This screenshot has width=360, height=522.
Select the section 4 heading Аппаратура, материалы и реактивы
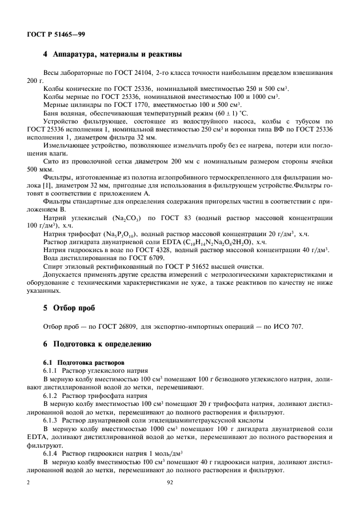pyautogui.click(x=113, y=55)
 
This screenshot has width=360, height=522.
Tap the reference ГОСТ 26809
pyautogui.click(x=107, y=326)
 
